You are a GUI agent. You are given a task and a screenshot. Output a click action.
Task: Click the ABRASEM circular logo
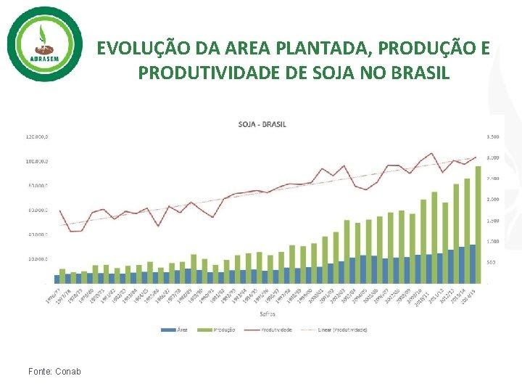coord(45,44)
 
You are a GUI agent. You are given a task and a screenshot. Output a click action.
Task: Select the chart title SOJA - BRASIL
coord(262,124)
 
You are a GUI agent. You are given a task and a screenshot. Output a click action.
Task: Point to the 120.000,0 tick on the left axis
coord(38,136)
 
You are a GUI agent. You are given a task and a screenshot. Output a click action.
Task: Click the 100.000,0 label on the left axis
coord(38,161)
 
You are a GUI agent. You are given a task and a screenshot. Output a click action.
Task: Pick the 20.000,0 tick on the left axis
coord(38,259)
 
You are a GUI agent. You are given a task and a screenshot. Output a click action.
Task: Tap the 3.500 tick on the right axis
coord(492,136)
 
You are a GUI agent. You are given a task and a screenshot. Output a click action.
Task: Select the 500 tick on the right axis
coord(491,262)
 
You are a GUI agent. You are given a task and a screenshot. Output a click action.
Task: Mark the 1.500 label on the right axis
coord(492,220)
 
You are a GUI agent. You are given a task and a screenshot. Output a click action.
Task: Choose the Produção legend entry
coord(221,329)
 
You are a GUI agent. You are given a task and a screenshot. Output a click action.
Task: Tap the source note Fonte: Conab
coord(54,372)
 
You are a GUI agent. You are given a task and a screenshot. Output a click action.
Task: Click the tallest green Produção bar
coord(478,225)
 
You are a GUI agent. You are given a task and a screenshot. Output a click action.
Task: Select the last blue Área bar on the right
coord(473,264)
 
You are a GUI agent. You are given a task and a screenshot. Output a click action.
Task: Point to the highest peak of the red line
coord(432,154)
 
